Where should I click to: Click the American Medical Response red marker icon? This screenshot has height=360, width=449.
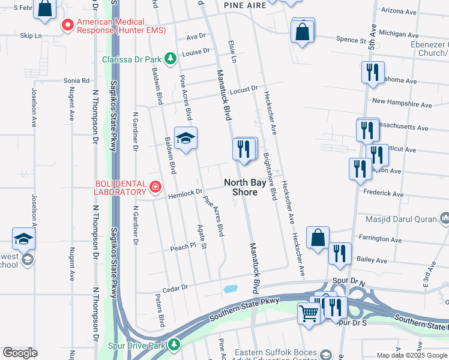[68, 26]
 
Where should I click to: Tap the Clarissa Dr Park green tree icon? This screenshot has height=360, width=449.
[171, 58]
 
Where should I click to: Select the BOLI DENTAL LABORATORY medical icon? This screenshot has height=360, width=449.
[155, 187]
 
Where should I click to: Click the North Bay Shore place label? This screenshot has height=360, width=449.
[241, 187]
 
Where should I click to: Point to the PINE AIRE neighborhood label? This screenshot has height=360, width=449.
[244, 5]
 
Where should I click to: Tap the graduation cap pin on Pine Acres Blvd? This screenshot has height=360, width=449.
[185, 139]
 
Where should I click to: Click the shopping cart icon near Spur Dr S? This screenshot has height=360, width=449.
[309, 312]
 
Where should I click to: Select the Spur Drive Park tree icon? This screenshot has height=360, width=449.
[173, 344]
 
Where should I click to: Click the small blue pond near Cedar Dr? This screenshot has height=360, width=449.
[229, 289]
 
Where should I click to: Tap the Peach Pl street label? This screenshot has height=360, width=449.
[183, 246]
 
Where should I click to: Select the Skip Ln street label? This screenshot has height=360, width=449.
[30, 36]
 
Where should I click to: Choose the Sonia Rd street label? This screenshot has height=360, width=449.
[76, 80]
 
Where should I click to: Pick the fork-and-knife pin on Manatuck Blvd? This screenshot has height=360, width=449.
[243, 148]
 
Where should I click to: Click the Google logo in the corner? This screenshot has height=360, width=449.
[20, 352]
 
